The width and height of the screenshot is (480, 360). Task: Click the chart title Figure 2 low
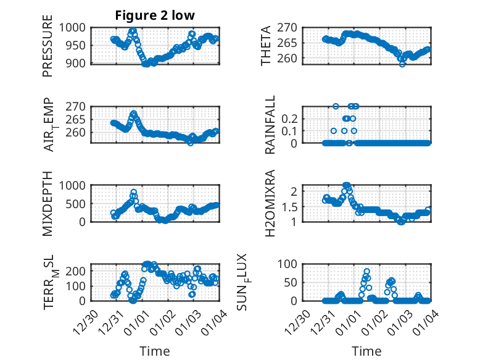[x=155, y=15]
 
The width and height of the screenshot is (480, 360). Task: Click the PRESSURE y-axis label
[x=48, y=50]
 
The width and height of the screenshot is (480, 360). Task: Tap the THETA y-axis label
[x=266, y=46]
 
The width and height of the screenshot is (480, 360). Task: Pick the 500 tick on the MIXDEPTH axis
[x=78, y=203]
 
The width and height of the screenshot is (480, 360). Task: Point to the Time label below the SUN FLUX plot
[x=366, y=351]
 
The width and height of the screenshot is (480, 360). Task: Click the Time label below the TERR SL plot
[x=155, y=351]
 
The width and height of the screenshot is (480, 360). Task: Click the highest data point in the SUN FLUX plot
[x=366, y=272]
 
